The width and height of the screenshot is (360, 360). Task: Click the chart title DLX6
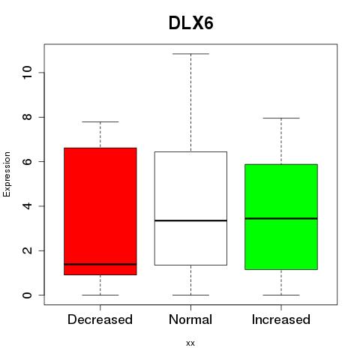191,23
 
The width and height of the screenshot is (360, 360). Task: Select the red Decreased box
100,211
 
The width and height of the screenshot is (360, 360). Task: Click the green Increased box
281,217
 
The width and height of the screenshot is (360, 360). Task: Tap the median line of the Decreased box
100,264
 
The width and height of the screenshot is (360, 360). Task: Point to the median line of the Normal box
190,220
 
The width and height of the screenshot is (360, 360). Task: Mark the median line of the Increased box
281,218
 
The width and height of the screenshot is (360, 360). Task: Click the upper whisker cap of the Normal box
190,54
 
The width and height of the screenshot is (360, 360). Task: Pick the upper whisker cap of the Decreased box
100,121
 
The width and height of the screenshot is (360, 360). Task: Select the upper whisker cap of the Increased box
281,118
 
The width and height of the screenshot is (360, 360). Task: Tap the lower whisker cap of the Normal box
190,295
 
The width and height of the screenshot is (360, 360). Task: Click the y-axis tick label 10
27,73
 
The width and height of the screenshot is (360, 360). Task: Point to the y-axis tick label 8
27,117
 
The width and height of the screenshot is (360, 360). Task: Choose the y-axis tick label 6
27,161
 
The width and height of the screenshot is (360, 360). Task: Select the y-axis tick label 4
27,206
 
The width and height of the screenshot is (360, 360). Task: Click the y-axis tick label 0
27,295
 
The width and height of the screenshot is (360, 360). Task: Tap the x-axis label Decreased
100,319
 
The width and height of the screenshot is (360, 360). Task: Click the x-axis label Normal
190,319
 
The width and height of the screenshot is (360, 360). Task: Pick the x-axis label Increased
281,319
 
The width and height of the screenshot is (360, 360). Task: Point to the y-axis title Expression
7,174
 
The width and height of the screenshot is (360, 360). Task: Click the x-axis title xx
190,343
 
